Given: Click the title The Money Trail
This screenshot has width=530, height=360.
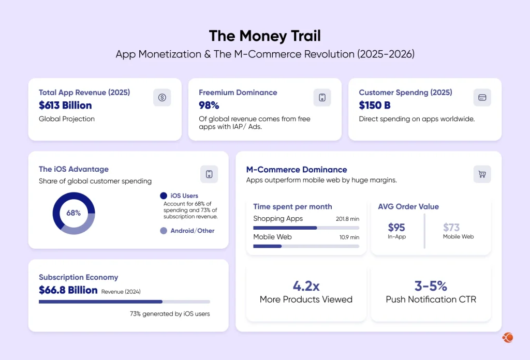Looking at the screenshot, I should coord(264,36).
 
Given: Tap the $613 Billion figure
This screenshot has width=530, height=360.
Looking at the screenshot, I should coord(65,106).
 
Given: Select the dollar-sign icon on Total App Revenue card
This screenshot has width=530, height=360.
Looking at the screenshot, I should coord(162,97).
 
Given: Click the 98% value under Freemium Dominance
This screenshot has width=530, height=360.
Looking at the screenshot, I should coord(209,106).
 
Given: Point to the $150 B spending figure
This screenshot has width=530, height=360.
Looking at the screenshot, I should coord(375,106).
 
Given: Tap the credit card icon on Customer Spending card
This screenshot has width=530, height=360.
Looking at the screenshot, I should coord(482,97).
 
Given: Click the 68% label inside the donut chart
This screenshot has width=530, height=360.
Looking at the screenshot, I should coord(73,213).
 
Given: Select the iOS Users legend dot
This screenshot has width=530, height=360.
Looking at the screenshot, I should coord(164,196).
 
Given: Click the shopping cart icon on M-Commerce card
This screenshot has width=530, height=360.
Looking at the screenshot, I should coord(482,174).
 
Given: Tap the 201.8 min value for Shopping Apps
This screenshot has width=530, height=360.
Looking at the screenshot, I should coord(347,219).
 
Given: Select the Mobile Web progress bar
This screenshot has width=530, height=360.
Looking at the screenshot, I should coord(306,246).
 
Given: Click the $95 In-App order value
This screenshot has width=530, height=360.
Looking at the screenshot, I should coord(396,228).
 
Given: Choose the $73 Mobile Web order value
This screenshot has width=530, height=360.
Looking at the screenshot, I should coord(451,228).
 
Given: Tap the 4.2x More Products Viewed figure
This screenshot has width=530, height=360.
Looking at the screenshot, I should coord(306,286).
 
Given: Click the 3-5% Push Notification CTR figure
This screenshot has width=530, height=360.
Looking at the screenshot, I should coord(431,286).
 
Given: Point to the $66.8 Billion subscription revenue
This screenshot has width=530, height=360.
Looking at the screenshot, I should coord(68,290).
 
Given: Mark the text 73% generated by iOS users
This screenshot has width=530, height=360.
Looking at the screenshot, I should coord(170,313).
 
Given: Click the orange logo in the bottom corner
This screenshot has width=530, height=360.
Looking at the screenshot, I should coord(507,337).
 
